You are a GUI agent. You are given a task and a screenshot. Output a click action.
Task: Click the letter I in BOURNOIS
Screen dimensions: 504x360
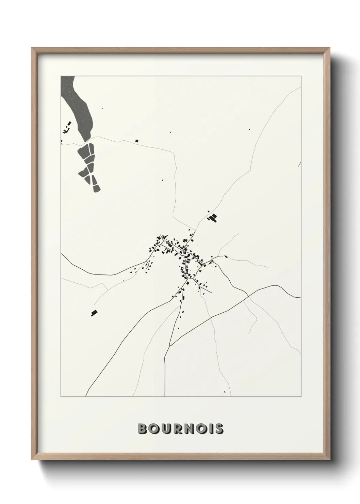(210, 429)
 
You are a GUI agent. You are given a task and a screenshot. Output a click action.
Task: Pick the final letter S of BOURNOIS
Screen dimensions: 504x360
(218, 429)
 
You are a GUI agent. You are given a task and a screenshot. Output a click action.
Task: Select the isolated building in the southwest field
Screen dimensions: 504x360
(93, 312)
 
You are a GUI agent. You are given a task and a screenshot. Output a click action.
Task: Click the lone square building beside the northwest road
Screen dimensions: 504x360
(137, 140)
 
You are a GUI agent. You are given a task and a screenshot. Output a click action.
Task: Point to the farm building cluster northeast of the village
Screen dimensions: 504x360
(213, 218)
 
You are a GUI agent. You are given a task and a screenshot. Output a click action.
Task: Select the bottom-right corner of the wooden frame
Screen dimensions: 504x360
(330, 459)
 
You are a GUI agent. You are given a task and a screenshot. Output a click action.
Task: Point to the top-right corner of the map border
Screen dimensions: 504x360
(301, 76)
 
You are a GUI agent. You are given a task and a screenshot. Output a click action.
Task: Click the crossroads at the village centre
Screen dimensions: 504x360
(184, 251)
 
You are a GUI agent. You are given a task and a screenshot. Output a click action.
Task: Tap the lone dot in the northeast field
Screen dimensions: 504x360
(249, 129)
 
